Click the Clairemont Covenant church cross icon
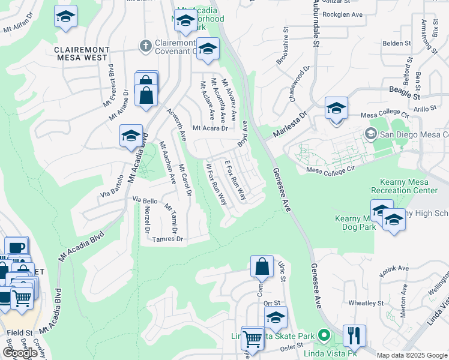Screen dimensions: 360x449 (145, 45)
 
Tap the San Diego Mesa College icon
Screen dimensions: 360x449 (370, 133)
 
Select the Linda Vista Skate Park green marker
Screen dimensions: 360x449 (325, 334)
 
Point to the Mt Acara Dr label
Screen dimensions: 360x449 (210, 128)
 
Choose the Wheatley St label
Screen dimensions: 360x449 (366, 303)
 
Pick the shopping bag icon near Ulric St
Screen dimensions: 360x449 (262, 266)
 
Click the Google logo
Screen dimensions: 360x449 (20, 353)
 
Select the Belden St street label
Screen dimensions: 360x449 (397, 43)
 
